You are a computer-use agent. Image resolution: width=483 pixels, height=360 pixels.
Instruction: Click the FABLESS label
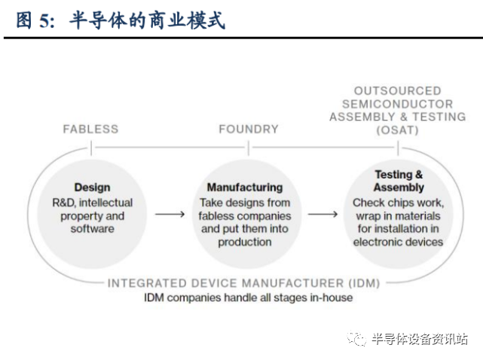tap(90, 129)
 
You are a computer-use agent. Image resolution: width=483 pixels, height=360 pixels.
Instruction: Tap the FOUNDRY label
tap(249, 129)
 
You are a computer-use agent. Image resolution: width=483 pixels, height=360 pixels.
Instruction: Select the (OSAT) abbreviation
tap(397, 130)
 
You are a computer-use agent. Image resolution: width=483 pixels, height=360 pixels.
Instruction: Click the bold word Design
tap(92, 188)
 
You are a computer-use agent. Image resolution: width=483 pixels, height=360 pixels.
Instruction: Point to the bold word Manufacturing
tap(245, 188)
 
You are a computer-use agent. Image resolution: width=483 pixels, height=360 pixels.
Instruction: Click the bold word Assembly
tap(399, 188)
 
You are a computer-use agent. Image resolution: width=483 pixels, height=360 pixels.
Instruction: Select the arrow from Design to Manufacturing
tap(170, 214)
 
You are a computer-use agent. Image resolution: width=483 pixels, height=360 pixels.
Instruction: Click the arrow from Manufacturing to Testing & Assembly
tap(323, 214)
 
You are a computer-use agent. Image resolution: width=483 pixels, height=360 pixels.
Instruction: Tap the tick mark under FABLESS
tap(91, 148)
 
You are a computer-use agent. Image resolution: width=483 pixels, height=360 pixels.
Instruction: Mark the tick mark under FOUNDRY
tap(249, 148)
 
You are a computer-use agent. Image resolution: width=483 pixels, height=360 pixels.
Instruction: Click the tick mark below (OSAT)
tap(398, 148)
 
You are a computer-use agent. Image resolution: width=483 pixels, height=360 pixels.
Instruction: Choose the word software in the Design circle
tap(93, 229)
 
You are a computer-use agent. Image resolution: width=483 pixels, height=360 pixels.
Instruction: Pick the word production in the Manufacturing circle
tap(245, 243)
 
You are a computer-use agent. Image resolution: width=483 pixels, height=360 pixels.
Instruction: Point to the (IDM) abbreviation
tap(364, 283)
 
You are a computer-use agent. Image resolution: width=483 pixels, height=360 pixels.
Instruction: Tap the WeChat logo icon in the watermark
tap(356, 339)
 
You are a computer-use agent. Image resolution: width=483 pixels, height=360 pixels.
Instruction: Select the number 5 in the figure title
tap(44, 21)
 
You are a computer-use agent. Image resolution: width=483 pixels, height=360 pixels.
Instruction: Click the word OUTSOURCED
tap(397, 91)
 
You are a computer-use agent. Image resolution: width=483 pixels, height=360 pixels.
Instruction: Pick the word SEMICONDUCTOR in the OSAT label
tap(397, 104)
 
